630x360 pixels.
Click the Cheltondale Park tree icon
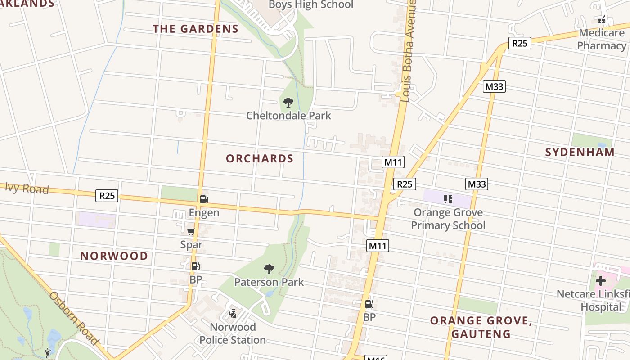click(x=288, y=103)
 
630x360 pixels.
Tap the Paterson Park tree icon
click(x=269, y=269)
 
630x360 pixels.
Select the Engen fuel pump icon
click(x=204, y=199)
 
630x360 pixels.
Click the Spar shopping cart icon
click(x=191, y=231)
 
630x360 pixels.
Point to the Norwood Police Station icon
click(x=233, y=314)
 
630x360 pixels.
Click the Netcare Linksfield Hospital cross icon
click(x=600, y=281)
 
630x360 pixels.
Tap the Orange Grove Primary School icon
click(x=448, y=199)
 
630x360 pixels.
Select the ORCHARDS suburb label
click(x=260, y=159)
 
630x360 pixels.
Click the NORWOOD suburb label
click(x=114, y=256)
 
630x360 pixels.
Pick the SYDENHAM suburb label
click(x=580, y=152)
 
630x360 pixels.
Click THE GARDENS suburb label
click(x=195, y=29)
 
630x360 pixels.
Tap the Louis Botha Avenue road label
click(x=408, y=52)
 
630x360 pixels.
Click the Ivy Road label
click(x=27, y=188)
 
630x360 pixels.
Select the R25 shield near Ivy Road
click(x=107, y=196)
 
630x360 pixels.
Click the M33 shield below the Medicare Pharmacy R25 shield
click(x=494, y=86)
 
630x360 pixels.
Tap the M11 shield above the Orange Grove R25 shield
click(x=393, y=162)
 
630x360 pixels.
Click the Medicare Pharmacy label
click(x=602, y=39)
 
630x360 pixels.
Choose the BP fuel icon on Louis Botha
click(x=369, y=304)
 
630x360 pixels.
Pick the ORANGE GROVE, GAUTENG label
click(x=481, y=327)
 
